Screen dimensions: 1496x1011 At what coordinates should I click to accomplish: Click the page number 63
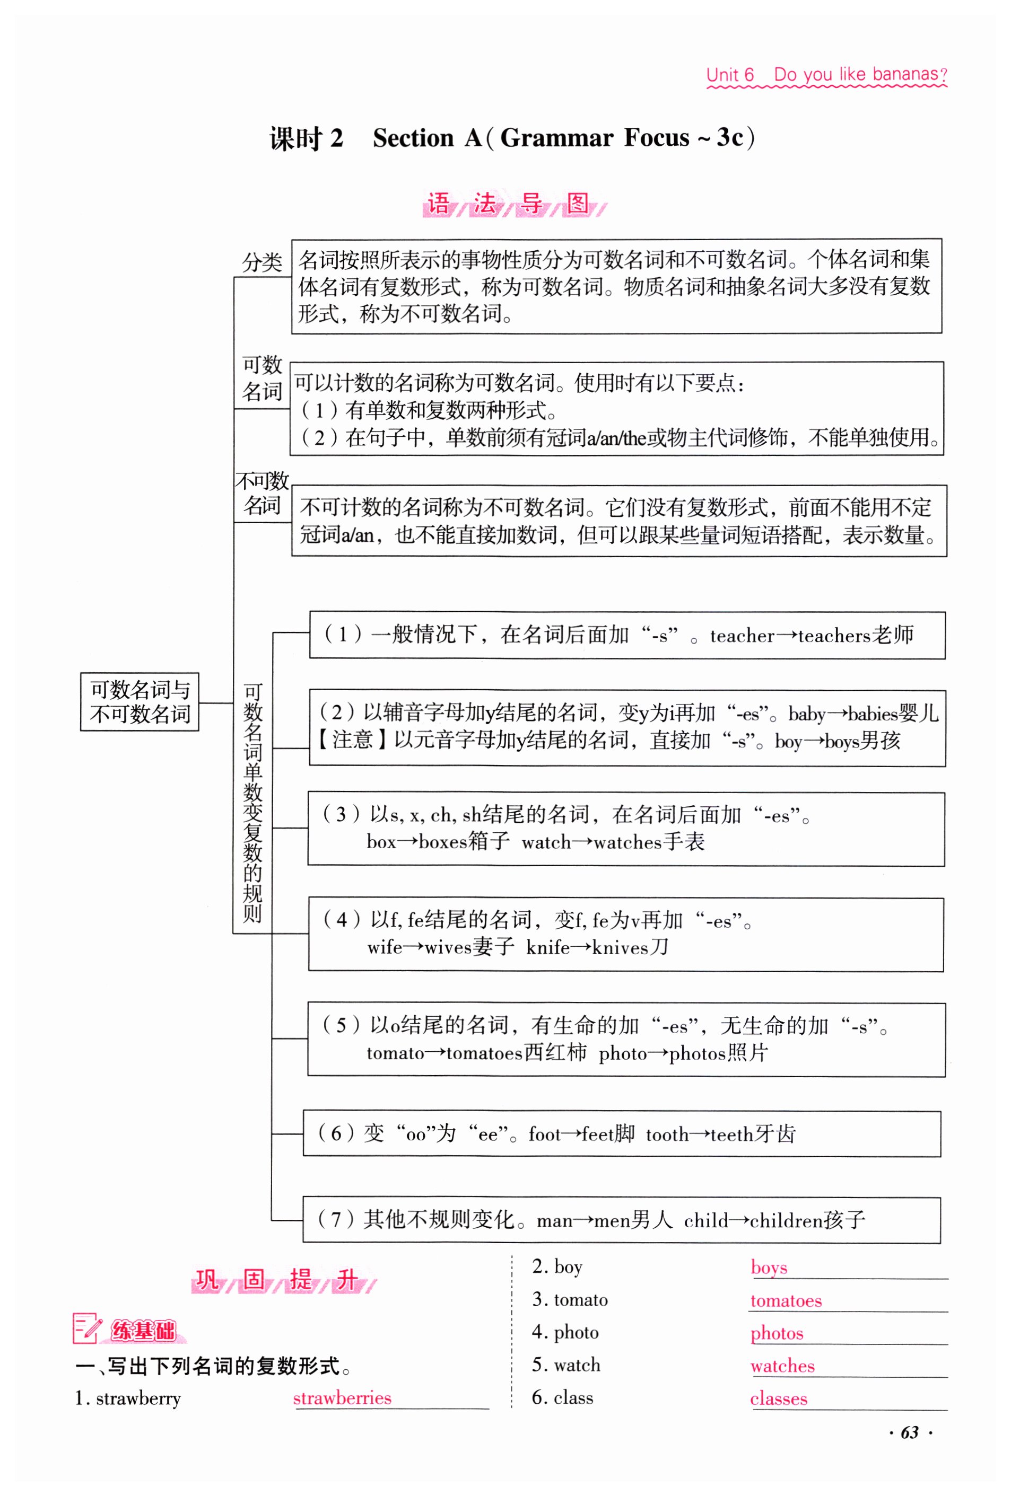pyautogui.click(x=909, y=1432)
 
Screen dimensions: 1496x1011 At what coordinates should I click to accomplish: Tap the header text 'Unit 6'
pyautogui.click(x=729, y=75)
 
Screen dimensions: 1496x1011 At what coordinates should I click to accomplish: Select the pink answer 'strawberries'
pyautogui.click(x=342, y=1397)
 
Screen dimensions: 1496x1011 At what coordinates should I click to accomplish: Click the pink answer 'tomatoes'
pyautogui.click(x=786, y=1300)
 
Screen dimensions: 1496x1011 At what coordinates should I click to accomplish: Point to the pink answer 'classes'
pyautogui.click(x=778, y=1398)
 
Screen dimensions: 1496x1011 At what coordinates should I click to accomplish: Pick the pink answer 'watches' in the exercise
pyautogui.click(x=782, y=1366)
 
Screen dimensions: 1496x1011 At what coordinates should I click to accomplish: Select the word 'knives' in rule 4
pyautogui.click(x=620, y=947)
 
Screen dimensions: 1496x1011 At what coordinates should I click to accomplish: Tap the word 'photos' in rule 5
pyautogui.click(x=698, y=1053)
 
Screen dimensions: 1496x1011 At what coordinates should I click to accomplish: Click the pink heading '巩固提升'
pyautogui.click(x=283, y=1279)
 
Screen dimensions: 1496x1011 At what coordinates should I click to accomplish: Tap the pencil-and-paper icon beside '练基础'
pyautogui.click(x=87, y=1328)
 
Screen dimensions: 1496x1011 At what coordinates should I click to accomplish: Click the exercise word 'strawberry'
pyautogui.click(x=138, y=1398)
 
